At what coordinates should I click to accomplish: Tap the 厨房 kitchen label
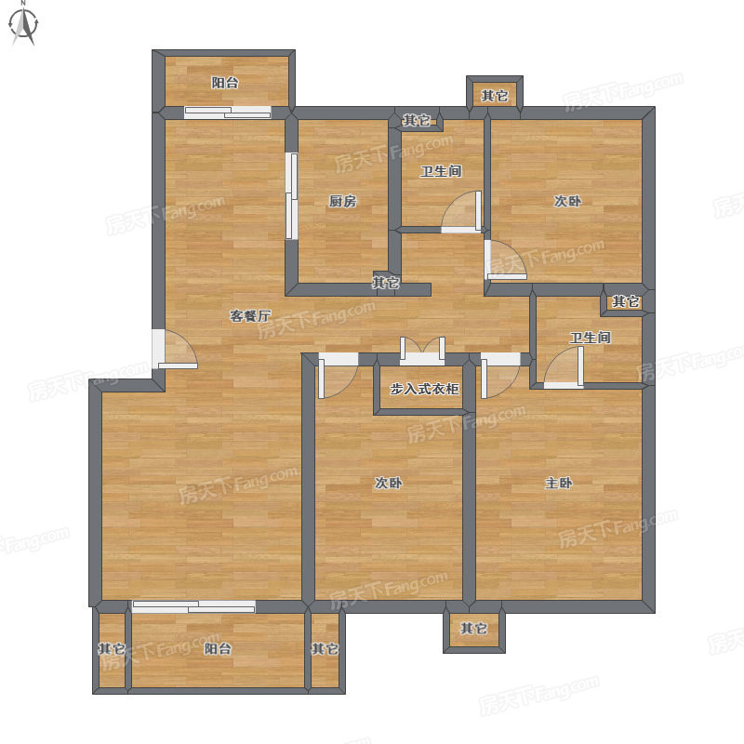342,201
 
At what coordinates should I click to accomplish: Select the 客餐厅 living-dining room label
250,315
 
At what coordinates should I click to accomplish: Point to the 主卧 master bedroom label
559,483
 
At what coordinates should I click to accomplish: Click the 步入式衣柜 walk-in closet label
424,389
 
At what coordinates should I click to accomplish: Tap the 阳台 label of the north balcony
225,83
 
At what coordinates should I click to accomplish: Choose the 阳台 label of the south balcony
218,648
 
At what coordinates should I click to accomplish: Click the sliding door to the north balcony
228,113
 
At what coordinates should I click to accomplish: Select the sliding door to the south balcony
194,606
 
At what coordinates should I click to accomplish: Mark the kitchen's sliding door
291,195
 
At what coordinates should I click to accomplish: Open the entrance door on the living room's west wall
174,349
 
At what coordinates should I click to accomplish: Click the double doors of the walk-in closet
422,352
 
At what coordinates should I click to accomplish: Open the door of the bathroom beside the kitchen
461,212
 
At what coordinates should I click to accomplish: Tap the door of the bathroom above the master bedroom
564,367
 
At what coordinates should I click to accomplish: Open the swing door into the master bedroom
500,376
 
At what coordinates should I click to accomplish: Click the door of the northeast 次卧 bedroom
505,260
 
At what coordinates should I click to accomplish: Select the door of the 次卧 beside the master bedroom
338,376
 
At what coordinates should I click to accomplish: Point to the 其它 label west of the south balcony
112,648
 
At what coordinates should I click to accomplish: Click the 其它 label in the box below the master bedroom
473,629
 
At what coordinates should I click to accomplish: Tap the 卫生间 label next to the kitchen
441,171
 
